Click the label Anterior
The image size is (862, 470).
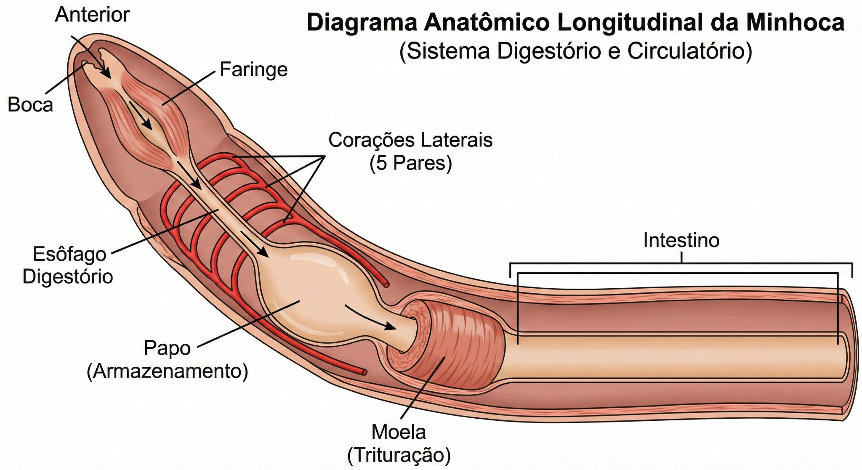(92, 15)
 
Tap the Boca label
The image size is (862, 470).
(30, 105)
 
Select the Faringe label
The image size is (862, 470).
(254, 70)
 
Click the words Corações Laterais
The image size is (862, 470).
(410, 140)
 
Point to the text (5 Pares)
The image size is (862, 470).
(410, 163)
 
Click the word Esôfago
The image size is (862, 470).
(70, 255)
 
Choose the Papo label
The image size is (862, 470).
(167, 348)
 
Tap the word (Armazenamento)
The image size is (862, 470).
(167, 371)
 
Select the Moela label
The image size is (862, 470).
(399, 432)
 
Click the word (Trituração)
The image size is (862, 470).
(399, 455)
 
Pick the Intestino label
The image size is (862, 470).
(681, 240)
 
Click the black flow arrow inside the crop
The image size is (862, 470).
(370, 318)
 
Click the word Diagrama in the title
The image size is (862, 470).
(362, 23)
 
